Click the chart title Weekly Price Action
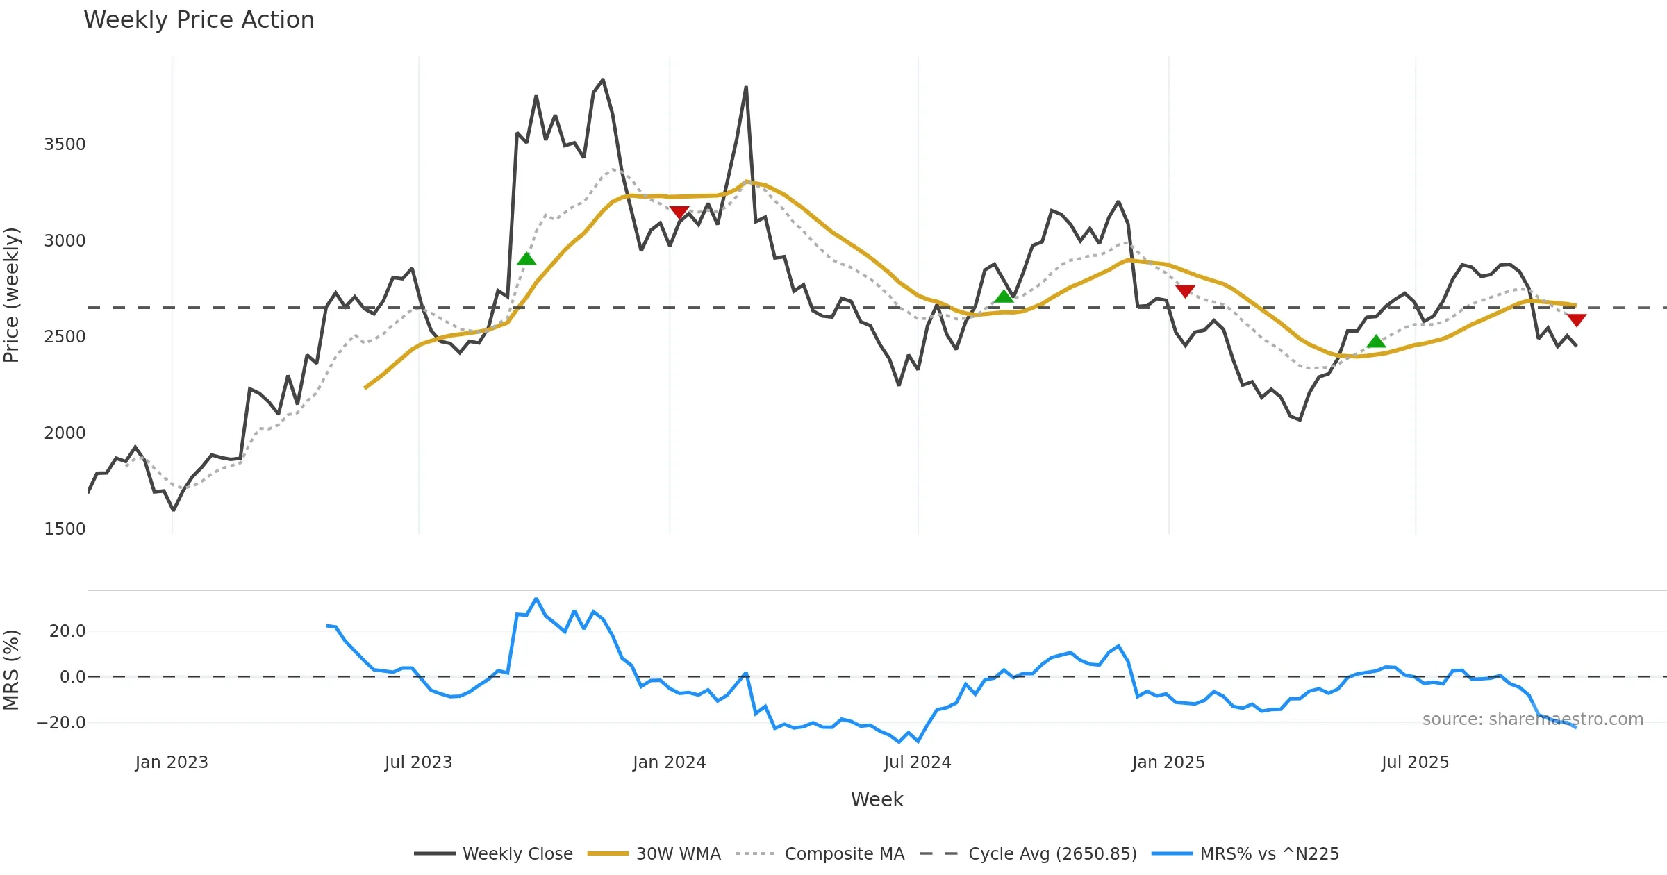(x=199, y=20)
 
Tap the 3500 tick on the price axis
(x=65, y=144)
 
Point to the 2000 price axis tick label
(x=65, y=433)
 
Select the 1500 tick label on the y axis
(x=65, y=529)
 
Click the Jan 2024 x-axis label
(x=669, y=762)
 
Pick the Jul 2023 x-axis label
(x=418, y=762)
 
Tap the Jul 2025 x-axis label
(x=1415, y=762)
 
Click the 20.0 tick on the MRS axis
(x=67, y=631)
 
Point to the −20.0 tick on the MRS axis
(x=61, y=723)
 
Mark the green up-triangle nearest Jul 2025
(x=1376, y=342)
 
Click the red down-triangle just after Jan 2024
(x=679, y=212)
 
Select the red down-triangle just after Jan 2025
(x=1186, y=291)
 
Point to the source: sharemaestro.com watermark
(x=1532, y=719)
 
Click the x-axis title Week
(x=877, y=800)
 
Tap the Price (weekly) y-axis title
(x=12, y=295)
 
